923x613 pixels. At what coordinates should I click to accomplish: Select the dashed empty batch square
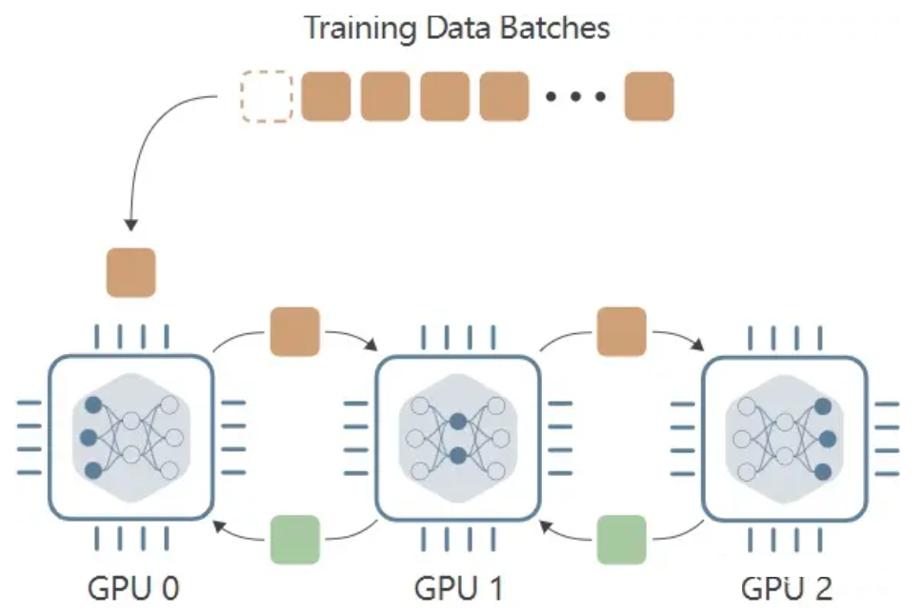[267, 96]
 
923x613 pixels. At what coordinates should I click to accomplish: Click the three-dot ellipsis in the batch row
[575, 96]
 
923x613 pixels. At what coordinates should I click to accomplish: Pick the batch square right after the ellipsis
[649, 96]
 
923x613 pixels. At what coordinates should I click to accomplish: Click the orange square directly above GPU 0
[130, 273]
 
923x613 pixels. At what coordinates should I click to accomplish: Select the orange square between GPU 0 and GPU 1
[294, 330]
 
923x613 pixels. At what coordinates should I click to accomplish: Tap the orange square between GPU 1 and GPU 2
[621, 330]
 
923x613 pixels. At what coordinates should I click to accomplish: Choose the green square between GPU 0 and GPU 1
[295, 539]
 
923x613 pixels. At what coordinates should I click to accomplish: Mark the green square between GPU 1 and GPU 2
[621, 539]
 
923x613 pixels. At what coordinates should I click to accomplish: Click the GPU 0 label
[133, 586]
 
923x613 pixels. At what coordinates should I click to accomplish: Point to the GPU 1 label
[458, 586]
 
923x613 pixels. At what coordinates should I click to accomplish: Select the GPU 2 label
[786, 586]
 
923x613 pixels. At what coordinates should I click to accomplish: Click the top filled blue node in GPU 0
[93, 405]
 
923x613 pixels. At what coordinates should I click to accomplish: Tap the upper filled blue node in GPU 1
[458, 422]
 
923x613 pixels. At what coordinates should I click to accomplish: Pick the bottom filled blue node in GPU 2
[824, 471]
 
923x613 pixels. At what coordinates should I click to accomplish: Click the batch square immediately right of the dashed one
[326, 96]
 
